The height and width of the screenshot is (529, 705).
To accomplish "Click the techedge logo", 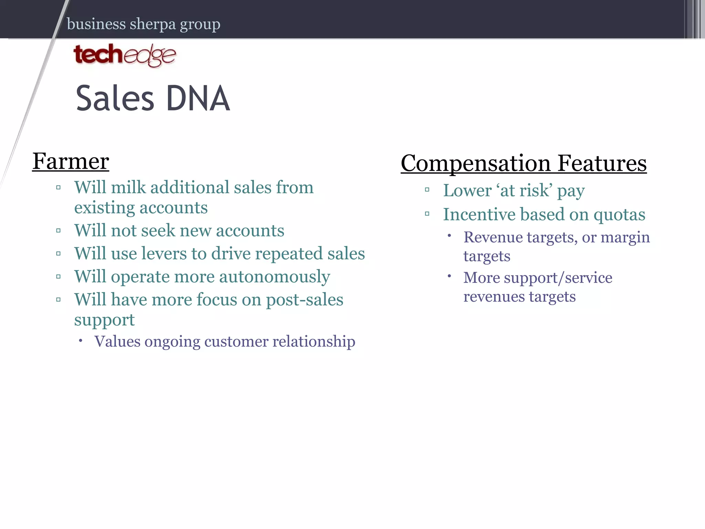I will point(125,55).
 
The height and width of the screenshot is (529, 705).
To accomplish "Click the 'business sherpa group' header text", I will point(144,24).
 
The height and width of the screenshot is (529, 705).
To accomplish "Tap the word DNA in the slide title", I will point(198,99).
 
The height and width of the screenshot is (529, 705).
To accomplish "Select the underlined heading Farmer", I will point(71,161).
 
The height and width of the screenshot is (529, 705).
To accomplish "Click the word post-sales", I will point(305,300).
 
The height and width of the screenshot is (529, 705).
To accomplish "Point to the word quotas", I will point(619,215).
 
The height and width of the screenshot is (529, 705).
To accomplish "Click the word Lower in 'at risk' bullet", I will point(467,190).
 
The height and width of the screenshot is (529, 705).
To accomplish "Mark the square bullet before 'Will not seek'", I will point(59,231).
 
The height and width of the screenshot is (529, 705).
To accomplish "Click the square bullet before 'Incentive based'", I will point(427,214).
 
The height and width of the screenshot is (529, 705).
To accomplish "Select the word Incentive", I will point(479,215).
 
